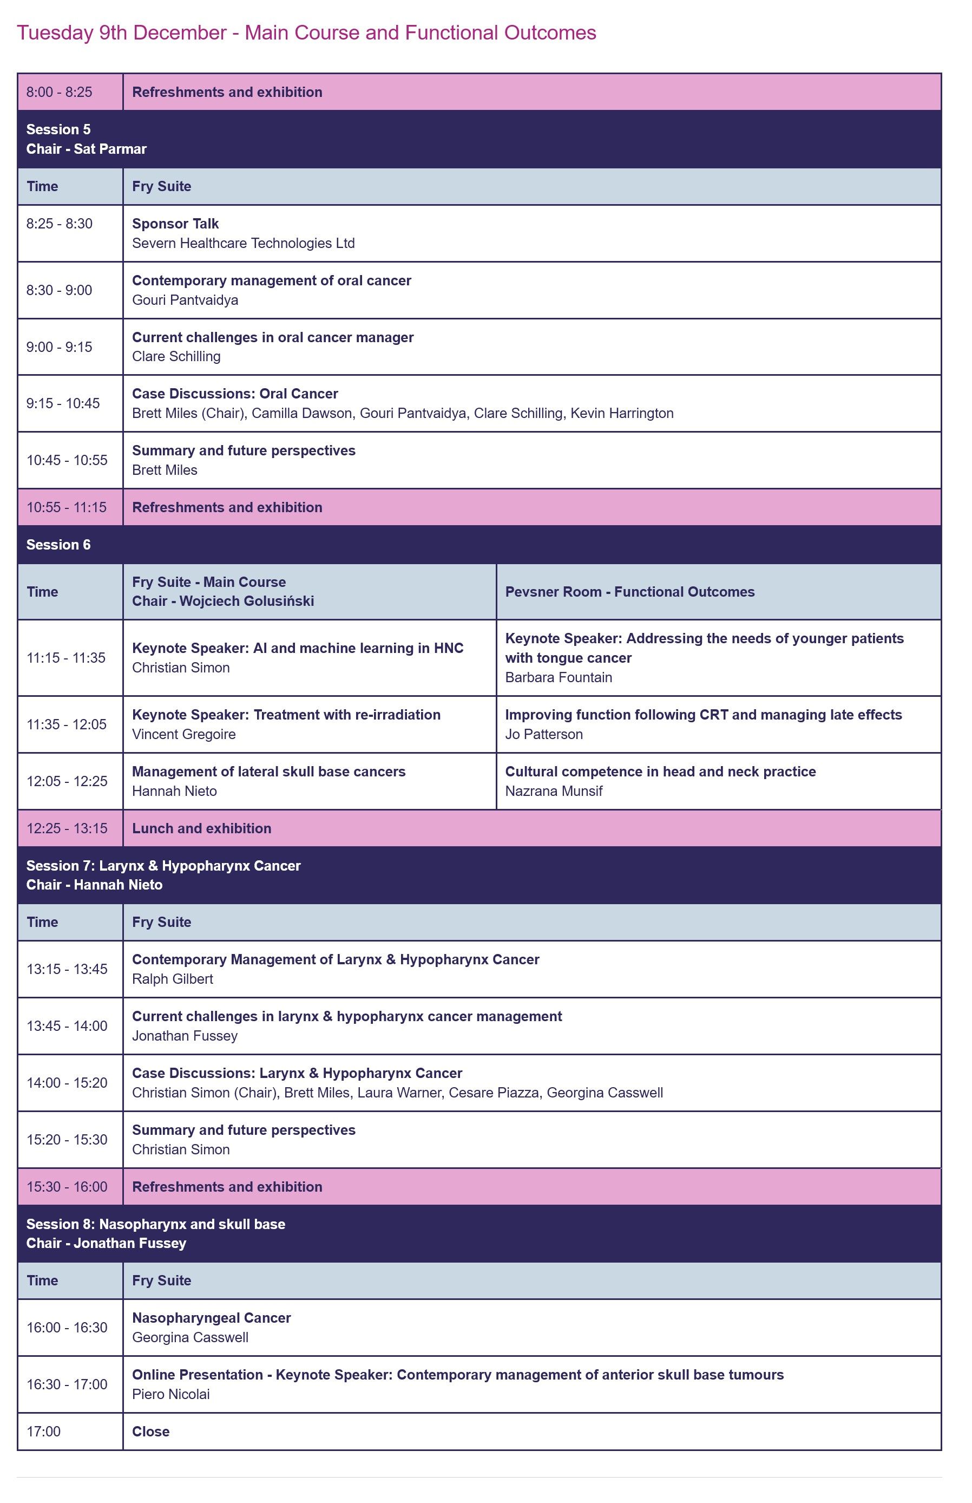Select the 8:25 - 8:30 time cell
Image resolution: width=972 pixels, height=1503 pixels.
click(60, 224)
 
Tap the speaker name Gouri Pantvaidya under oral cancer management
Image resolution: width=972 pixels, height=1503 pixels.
click(185, 300)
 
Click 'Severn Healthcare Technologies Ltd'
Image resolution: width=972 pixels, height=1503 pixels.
click(243, 243)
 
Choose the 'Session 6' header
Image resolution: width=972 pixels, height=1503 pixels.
click(58, 545)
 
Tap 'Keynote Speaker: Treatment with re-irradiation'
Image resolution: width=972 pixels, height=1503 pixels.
click(286, 715)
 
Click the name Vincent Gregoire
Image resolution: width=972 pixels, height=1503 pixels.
click(183, 734)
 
